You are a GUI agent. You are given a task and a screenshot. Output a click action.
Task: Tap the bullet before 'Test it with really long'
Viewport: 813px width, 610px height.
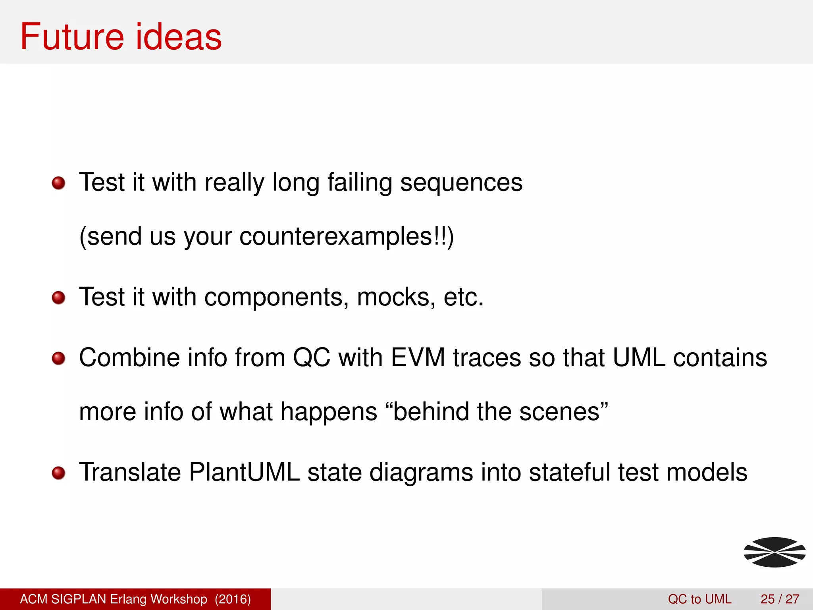(x=59, y=183)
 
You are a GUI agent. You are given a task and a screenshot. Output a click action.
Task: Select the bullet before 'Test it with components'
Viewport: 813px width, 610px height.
(x=59, y=297)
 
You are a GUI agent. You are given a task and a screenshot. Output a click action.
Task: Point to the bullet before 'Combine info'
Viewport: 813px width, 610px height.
(x=59, y=358)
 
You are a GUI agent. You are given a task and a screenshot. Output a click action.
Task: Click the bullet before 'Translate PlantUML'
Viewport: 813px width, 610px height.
(x=59, y=473)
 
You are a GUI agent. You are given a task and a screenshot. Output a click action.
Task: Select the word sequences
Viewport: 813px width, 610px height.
(x=461, y=183)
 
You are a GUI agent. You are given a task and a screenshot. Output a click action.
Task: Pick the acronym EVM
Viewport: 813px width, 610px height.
(x=418, y=358)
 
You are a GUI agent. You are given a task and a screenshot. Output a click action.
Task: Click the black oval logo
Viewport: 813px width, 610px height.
(x=774, y=552)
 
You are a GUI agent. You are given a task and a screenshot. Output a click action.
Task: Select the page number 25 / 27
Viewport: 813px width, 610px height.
(x=780, y=599)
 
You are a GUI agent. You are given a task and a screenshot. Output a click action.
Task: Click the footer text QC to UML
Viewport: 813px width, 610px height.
(x=699, y=599)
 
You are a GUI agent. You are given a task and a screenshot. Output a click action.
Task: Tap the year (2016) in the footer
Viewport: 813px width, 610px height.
(x=233, y=599)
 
